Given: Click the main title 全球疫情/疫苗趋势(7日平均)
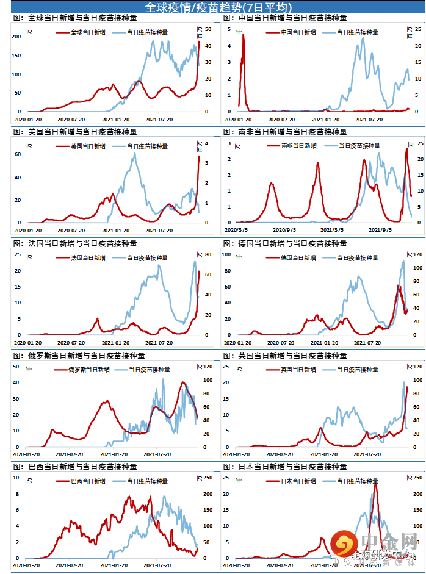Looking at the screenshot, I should (x=213, y=7).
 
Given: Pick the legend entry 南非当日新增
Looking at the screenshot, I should (x=298, y=146).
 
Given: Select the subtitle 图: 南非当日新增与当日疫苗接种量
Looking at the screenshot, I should (x=284, y=131).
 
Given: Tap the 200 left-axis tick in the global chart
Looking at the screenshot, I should (x=17, y=37).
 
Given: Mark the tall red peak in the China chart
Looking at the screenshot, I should (x=244, y=35).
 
